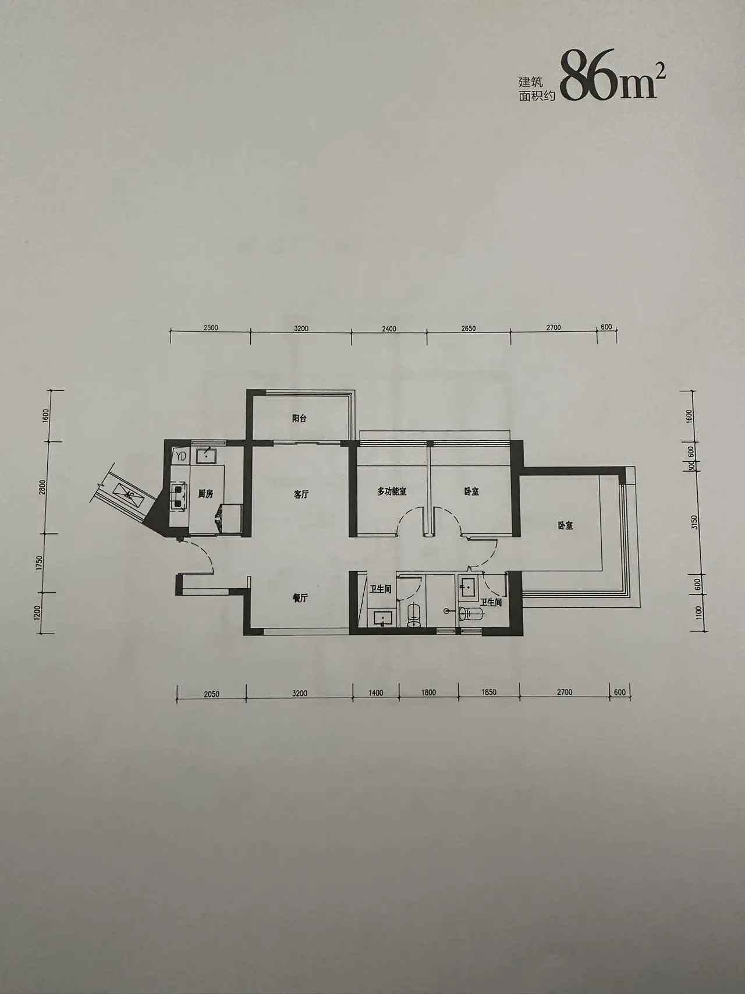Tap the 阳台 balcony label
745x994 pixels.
[x=299, y=418]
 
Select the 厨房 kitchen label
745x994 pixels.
[x=205, y=494]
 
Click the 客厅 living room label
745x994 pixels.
[x=301, y=494]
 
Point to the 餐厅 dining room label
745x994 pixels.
[x=300, y=598]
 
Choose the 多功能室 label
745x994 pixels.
[x=392, y=491]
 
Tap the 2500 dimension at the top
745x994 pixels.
[x=211, y=328]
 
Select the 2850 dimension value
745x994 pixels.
[x=468, y=328]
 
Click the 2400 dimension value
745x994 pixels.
[x=389, y=328]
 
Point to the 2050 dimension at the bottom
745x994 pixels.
[x=211, y=694]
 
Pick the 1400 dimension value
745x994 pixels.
[x=376, y=693]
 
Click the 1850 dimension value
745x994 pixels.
[x=489, y=692]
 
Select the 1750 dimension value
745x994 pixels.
[x=39, y=563]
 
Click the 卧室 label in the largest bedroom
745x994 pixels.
[x=565, y=526]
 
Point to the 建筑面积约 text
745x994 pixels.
[x=537, y=90]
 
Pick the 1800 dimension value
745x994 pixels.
[x=428, y=692]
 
